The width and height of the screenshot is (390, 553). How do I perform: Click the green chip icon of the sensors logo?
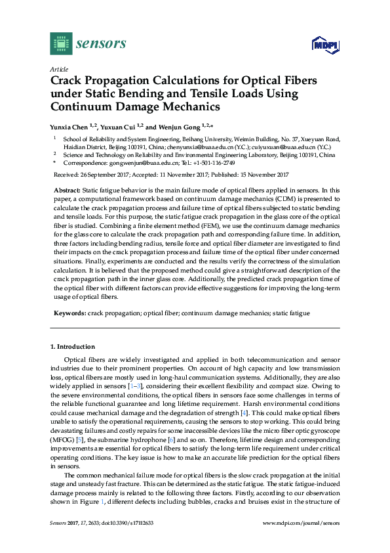pyautogui.click(x=60, y=43)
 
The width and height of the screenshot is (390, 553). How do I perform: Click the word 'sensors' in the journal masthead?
pyautogui.click(x=101, y=44)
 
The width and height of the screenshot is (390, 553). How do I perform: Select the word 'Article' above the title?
pyautogui.click(x=58, y=68)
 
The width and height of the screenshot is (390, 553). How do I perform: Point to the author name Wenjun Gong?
pyautogui.click(x=179, y=126)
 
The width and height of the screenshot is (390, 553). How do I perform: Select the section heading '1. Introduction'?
pyautogui.click(x=73, y=346)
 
